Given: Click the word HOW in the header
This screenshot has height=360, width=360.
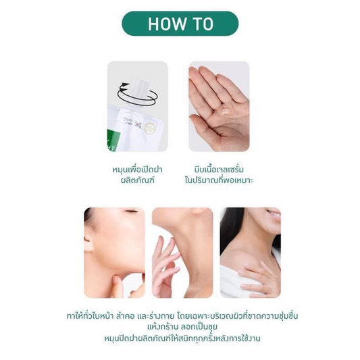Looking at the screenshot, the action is [x=167, y=24].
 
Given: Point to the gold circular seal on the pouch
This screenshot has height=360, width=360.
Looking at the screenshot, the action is [x=150, y=128].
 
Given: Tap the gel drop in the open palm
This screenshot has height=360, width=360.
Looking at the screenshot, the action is [x=225, y=111].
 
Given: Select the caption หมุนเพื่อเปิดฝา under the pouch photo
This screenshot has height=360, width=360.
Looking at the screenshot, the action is [x=137, y=170].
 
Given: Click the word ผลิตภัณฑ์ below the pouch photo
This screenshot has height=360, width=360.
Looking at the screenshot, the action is [x=137, y=180].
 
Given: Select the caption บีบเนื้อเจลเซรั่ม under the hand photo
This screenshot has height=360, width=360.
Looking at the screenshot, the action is [x=219, y=170].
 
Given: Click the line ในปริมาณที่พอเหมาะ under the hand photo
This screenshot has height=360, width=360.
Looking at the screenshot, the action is [x=219, y=180].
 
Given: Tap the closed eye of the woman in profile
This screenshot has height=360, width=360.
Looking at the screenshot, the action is [x=132, y=211].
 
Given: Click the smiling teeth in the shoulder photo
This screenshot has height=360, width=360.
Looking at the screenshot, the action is [x=274, y=214].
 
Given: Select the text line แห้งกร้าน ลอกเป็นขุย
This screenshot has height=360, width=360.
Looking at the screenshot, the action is [x=182, y=327].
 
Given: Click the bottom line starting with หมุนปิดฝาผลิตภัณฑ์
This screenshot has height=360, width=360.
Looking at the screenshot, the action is [x=182, y=338].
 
